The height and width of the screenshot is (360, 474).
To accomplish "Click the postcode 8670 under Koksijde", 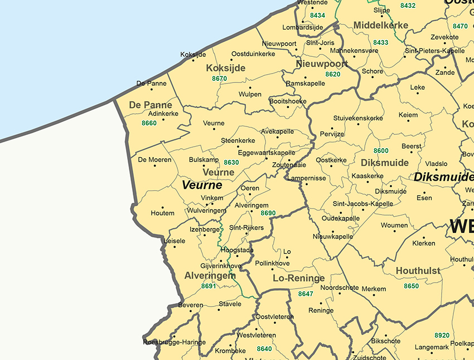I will (x=220, y=79).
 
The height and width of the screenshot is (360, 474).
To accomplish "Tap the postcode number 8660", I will (x=149, y=123).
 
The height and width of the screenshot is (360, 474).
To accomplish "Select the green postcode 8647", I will (x=306, y=294).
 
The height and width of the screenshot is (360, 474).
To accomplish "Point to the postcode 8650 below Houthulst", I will (x=411, y=286).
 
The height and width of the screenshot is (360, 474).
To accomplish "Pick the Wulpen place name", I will (x=250, y=95).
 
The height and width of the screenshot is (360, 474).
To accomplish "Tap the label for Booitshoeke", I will (x=288, y=101).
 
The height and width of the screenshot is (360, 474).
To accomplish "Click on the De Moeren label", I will (x=154, y=160).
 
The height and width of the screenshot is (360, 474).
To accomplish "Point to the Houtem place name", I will (x=162, y=213).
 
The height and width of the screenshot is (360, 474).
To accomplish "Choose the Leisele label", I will (x=175, y=241).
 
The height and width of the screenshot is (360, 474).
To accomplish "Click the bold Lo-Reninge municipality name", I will (x=298, y=278).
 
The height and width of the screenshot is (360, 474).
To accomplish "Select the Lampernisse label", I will (x=307, y=178).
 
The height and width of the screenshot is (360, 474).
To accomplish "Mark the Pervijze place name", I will (x=332, y=134).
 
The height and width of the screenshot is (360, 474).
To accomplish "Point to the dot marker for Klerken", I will (x=423, y=237).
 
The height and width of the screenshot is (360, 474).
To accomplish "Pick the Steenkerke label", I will (x=238, y=141).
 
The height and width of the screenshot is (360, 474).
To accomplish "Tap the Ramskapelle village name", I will (x=305, y=84).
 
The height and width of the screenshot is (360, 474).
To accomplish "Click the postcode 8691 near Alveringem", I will (x=208, y=286).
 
